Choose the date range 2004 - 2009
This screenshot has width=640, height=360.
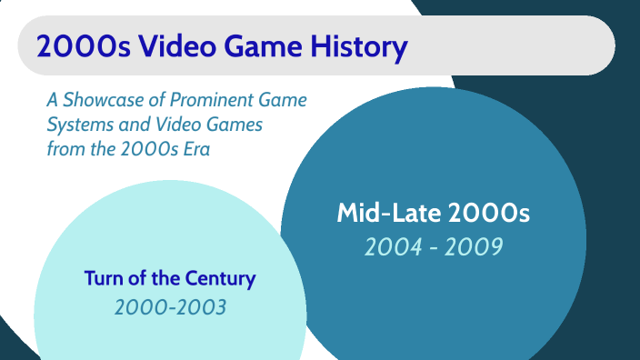point(433,245)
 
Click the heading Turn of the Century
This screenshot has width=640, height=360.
point(170,278)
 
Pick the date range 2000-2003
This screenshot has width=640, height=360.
point(170,307)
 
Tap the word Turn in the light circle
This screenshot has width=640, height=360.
point(103,278)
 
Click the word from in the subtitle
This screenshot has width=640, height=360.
point(64,148)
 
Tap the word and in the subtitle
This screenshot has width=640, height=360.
point(134,125)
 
